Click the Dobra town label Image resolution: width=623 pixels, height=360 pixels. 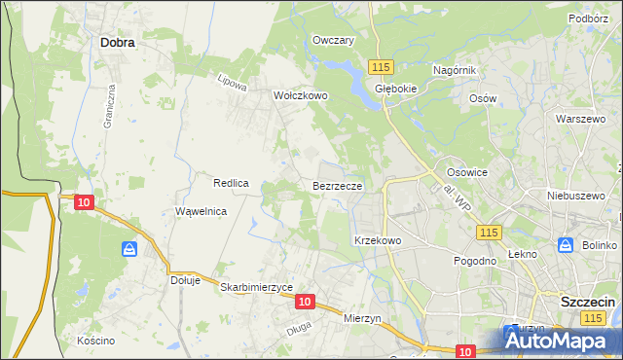(117, 43)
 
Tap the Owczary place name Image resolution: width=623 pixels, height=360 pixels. (333, 40)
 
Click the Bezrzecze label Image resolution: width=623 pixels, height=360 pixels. (338, 185)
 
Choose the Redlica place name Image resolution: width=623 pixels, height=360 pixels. (233, 183)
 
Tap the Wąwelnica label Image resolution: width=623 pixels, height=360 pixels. (201, 211)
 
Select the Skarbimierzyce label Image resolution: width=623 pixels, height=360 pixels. (257, 288)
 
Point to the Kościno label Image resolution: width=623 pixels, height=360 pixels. (96, 341)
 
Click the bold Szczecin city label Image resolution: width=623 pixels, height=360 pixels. (588, 302)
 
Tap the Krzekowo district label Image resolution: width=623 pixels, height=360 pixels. (378, 239)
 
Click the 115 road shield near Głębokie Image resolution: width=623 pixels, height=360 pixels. (381, 66)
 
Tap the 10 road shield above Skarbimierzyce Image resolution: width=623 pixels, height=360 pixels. (305, 303)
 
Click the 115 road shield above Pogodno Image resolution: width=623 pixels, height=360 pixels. (489, 232)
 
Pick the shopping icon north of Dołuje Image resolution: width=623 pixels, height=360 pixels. (129, 250)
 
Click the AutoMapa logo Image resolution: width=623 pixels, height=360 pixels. (562, 339)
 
